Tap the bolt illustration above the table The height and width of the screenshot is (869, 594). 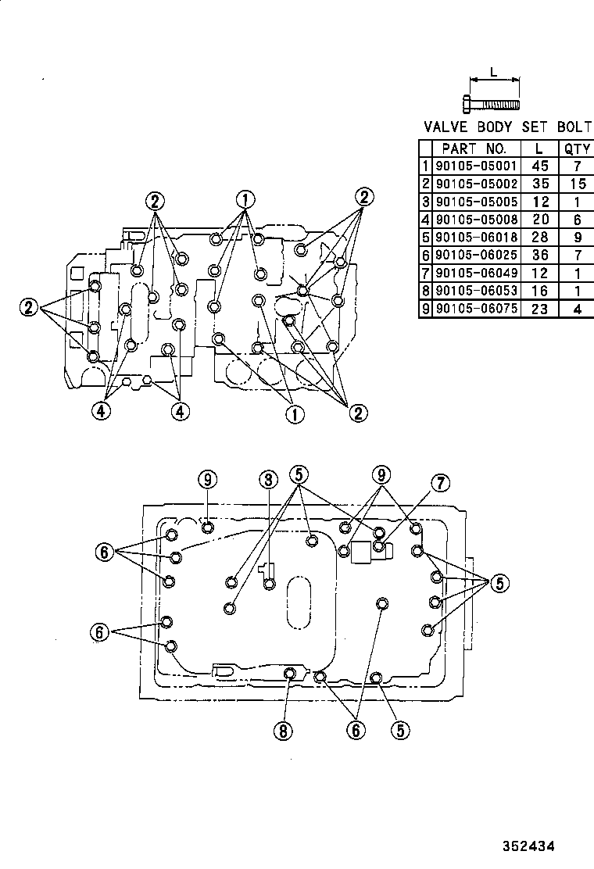(x=492, y=103)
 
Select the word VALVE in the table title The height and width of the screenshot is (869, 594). (x=447, y=127)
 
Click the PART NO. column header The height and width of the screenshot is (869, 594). (x=475, y=148)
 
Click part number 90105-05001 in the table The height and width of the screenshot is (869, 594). (x=475, y=166)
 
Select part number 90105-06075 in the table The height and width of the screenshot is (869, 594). (x=475, y=309)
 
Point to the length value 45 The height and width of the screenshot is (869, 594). (x=539, y=166)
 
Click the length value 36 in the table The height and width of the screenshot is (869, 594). (x=539, y=255)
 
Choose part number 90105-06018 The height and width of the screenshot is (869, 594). (x=475, y=237)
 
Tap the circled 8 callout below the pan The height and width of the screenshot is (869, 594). (x=282, y=731)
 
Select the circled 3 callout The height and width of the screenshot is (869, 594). (x=267, y=479)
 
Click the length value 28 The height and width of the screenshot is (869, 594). (x=539, y=237)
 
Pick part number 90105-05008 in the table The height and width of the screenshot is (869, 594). (x=475, y=220)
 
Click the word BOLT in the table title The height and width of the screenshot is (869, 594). (x=574, y=127)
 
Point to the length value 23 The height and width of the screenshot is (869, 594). (x=539, y=309)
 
